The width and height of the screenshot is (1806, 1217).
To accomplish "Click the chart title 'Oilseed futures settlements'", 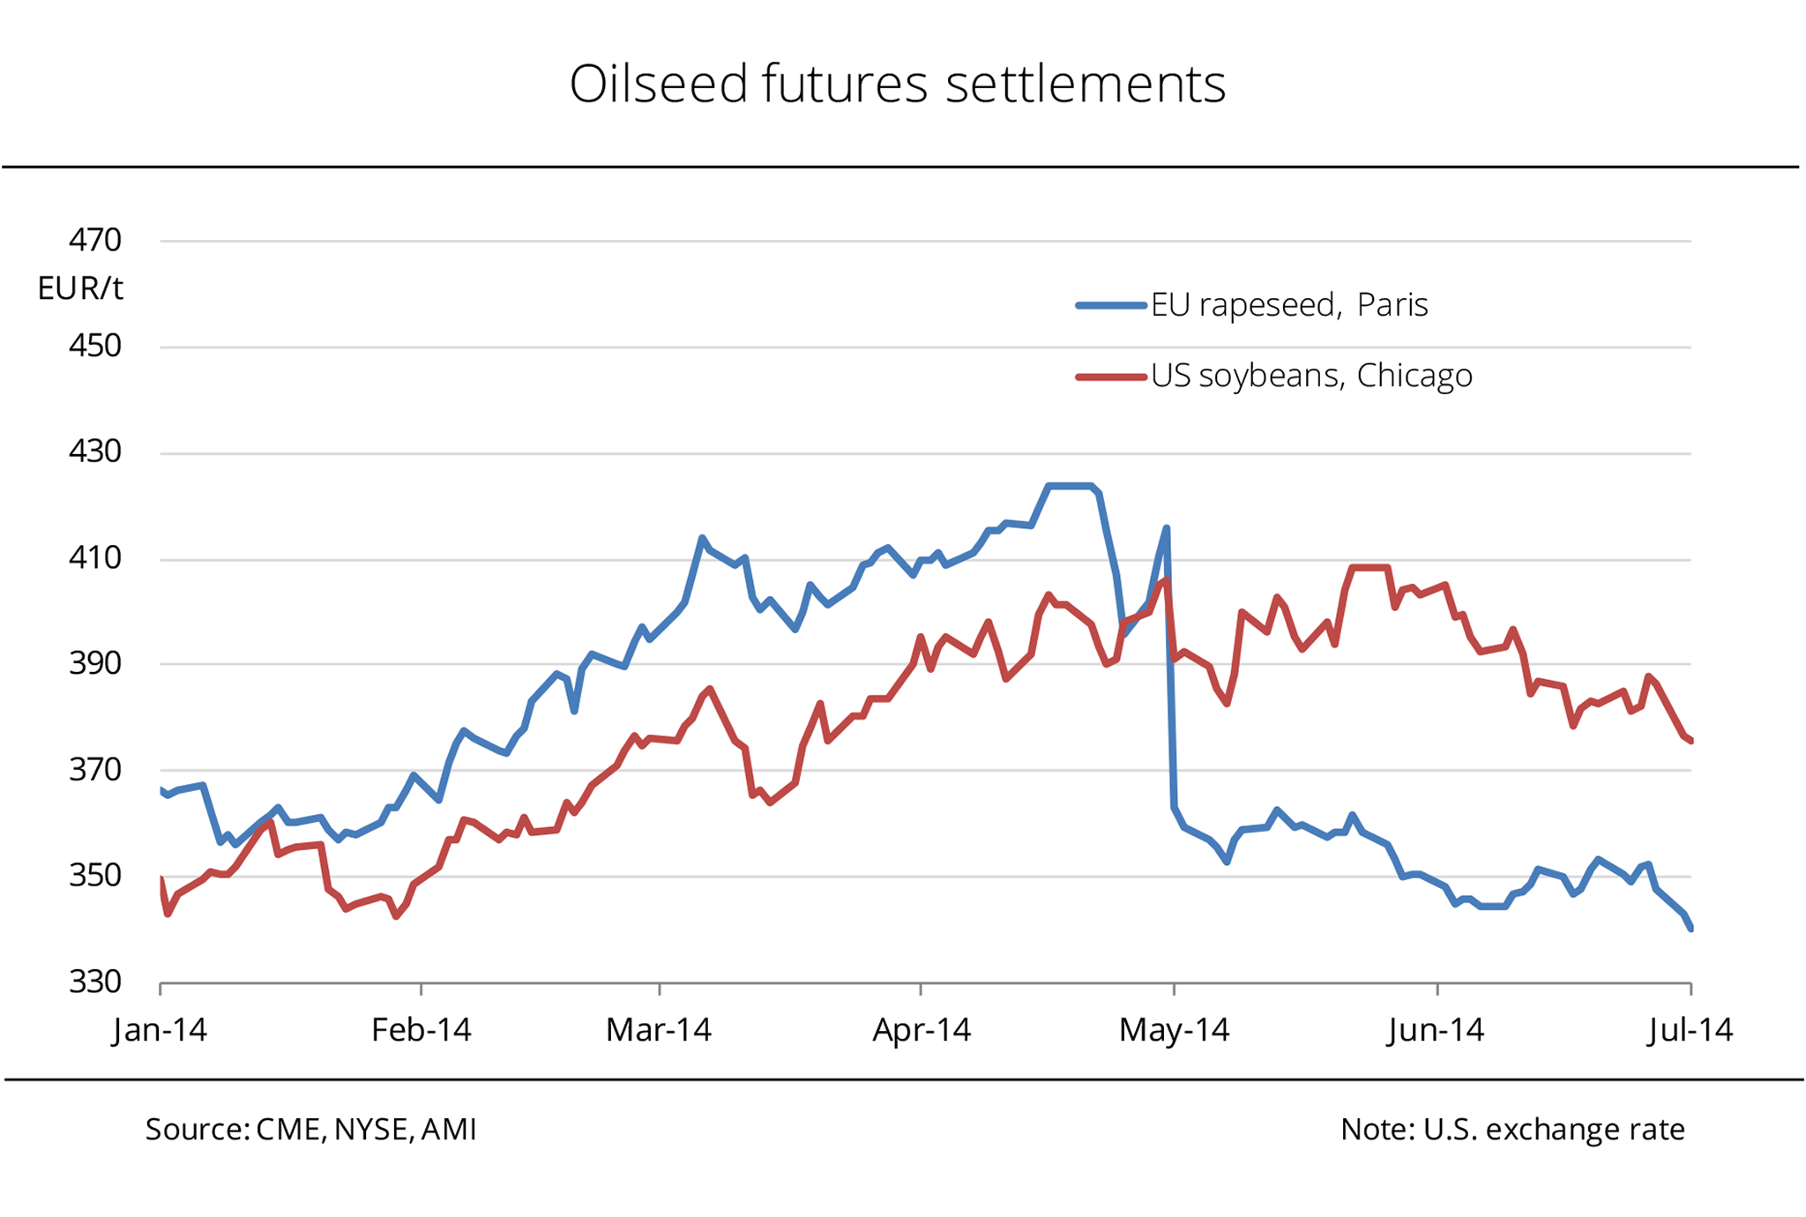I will coord(897,85).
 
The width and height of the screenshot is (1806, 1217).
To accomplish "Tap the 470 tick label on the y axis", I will coord(95,240).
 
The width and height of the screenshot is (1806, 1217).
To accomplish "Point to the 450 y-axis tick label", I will coord(95,346).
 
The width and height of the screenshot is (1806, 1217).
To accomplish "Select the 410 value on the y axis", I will coord(95,558).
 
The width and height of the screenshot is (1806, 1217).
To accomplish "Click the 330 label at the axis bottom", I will coord(95,982).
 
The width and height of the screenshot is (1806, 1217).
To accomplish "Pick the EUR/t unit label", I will coord(80,288).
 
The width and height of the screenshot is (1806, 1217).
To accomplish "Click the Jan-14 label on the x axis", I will coord(160,1030).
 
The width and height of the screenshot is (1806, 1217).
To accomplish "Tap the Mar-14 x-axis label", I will coord(659,1030).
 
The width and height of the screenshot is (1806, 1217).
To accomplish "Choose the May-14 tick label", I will coord(1174,1030).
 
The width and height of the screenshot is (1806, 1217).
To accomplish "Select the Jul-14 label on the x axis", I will coord(1690,1030).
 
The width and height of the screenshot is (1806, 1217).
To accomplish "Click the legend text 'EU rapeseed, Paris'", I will coord(1289,305).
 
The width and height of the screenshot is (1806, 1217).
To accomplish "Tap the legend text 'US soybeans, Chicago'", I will coord(1311,377).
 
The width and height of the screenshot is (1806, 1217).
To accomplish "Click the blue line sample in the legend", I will coord(1110,305).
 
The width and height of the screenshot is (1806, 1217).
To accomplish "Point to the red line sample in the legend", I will coord(1110,377).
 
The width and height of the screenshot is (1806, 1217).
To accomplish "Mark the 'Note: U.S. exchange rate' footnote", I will coord(1512,1130).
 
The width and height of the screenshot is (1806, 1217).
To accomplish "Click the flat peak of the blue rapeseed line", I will coord(1070,486).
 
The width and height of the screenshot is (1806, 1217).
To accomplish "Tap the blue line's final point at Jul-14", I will coord(1690,928).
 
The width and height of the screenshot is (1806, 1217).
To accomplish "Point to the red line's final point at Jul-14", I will coord(1690,741).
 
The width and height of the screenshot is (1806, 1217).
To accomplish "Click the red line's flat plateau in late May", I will coord(1369,567).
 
